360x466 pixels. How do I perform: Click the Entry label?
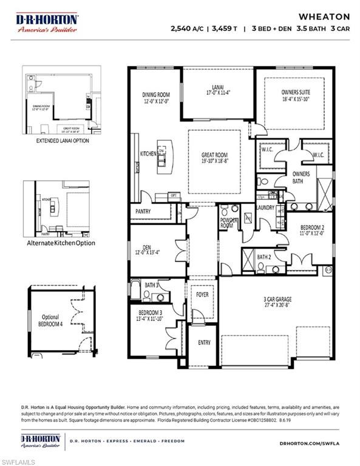[x=205, y=343]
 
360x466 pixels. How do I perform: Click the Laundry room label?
[x=265, y=208]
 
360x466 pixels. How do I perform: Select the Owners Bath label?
[x=301, y=177]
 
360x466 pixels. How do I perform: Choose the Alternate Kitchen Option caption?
[x=60, y=243]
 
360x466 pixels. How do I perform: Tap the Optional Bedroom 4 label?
[x=52, y=320]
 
